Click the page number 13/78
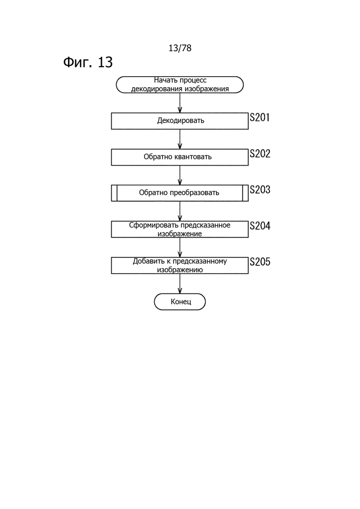coord(180,48)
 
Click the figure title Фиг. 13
coord(88,62)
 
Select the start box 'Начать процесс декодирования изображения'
coord(180,85)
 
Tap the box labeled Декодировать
coord(180,121)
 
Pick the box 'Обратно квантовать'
coord(180,157)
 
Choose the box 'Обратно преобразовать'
coord(180,193)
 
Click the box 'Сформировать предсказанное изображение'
coord(180,229)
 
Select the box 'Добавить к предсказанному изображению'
coord(180,265)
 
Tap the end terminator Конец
coord(180,302)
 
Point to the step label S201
coord(260,118)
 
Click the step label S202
coord(260,154)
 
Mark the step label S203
coord(260,190)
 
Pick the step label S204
coord(260,226)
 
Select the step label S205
coord(260,262)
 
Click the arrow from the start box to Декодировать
coord(180,103)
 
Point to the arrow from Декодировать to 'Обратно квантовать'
coord(180,139)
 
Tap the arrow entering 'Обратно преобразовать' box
coord(180,175)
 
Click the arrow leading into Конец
coord(180,284)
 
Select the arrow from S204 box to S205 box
coord(180,247)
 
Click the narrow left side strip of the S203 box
coord(114,193)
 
